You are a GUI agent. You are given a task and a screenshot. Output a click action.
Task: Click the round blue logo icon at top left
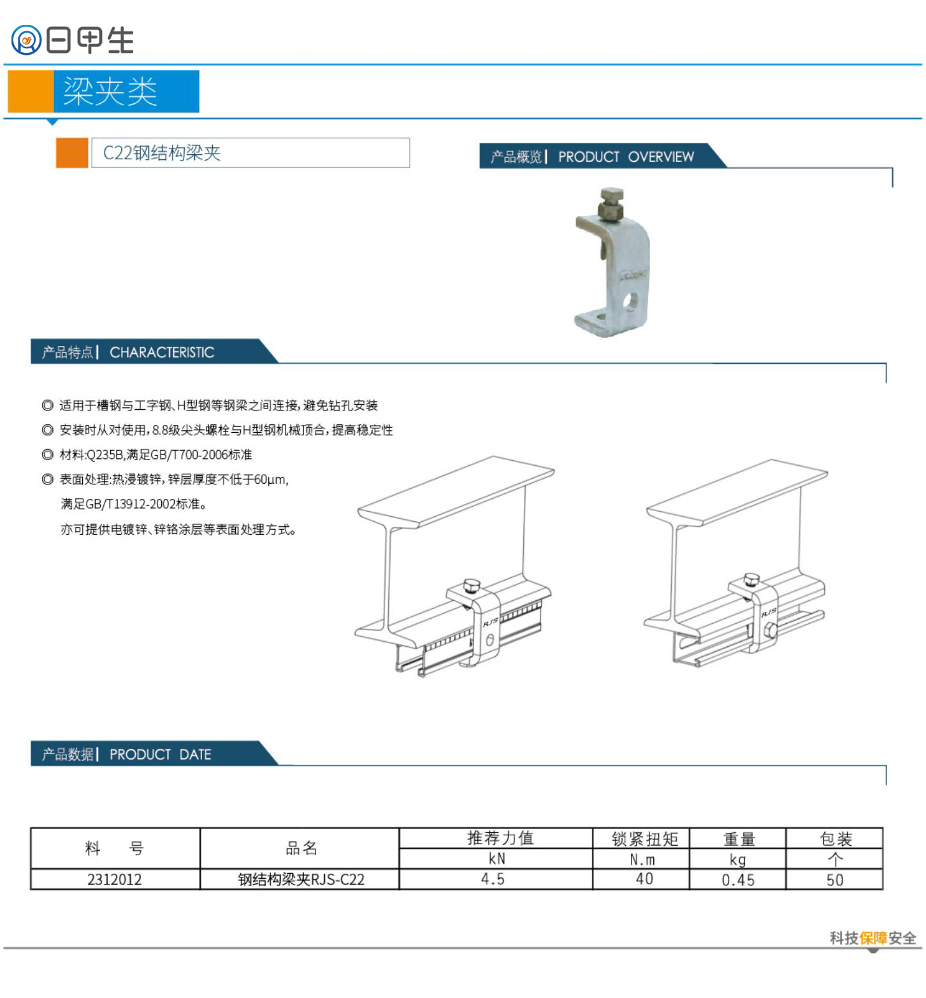(x=26, y=40)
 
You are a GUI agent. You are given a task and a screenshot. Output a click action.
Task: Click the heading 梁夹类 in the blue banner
(x=110, y=92)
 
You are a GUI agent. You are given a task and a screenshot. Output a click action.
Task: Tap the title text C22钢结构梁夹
(x=162, y=153)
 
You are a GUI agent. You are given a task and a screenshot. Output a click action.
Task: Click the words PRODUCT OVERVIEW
(x=626, y=157)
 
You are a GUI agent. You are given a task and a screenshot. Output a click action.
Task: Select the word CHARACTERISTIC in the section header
(x=162, y=352)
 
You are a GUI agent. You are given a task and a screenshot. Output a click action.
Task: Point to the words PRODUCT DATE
(x=160, y=755)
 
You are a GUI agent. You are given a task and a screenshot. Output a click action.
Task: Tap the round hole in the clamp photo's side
(x=630, y=301)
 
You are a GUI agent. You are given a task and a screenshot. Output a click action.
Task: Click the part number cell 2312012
(x=115, y=879)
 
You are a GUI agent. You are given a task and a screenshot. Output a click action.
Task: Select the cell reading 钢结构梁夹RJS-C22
(x=301, y=879)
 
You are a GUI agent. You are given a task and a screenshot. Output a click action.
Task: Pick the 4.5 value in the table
(x=493, y=879)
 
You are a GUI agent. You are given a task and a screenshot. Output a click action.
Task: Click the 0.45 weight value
(x=738, y=880)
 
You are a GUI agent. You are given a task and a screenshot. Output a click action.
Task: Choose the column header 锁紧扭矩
(x=645, y=839)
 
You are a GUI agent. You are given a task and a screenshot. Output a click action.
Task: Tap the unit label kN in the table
(x=497, y=858)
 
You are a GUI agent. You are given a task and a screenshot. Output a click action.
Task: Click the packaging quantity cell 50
(x=835, y=880)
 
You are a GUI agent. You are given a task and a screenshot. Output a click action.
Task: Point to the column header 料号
(x=115, y=848)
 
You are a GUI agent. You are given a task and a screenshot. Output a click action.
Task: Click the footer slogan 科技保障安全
(x=872, y=938)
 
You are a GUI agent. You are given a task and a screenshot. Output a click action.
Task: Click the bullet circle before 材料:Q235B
(x=47, y=454)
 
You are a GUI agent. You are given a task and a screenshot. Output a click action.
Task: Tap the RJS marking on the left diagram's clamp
(x=490, y=622)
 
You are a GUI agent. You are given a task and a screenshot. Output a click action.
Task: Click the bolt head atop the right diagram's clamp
(x=752, y=579)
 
